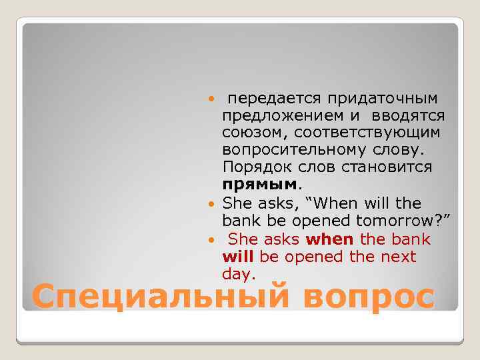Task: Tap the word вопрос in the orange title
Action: [x=369, y=296]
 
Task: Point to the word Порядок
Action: [x=255, y=167]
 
